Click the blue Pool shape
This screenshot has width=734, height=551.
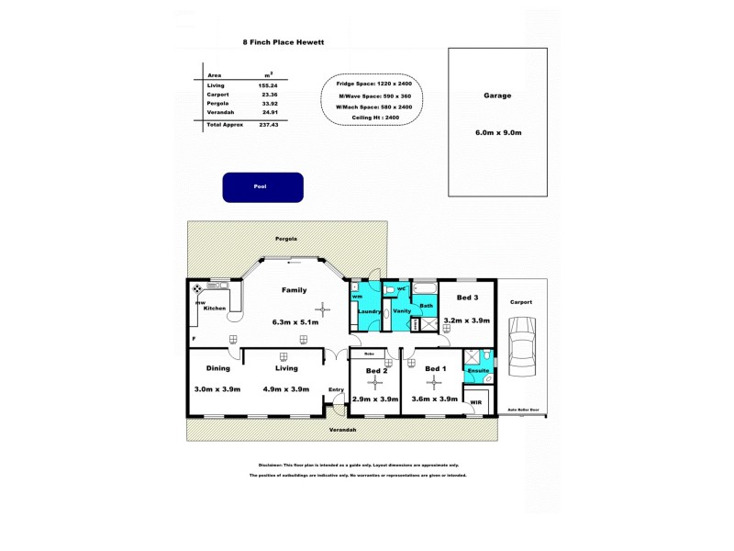pos(262,186)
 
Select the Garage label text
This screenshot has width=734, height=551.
pos(497,96)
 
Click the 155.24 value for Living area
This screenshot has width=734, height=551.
pos(269,84)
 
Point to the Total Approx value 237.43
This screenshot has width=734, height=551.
pos(269,124)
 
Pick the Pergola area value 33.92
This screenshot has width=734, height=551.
pos(269,103)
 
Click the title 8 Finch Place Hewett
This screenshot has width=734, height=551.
pos(283,41)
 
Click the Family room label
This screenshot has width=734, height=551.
pos(294,290)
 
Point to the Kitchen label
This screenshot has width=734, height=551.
pos(214,309)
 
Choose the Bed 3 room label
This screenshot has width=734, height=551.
pos(468,298)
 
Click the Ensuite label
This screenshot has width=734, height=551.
pos(478,370)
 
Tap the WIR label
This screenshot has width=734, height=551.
pos(475,402)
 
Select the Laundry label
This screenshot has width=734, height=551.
pos(369,310)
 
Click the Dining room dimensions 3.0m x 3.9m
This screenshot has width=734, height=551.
pos(217,389)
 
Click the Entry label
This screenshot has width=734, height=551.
pos(336,389)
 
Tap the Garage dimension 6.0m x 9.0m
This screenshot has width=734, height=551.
pos(497,133)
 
